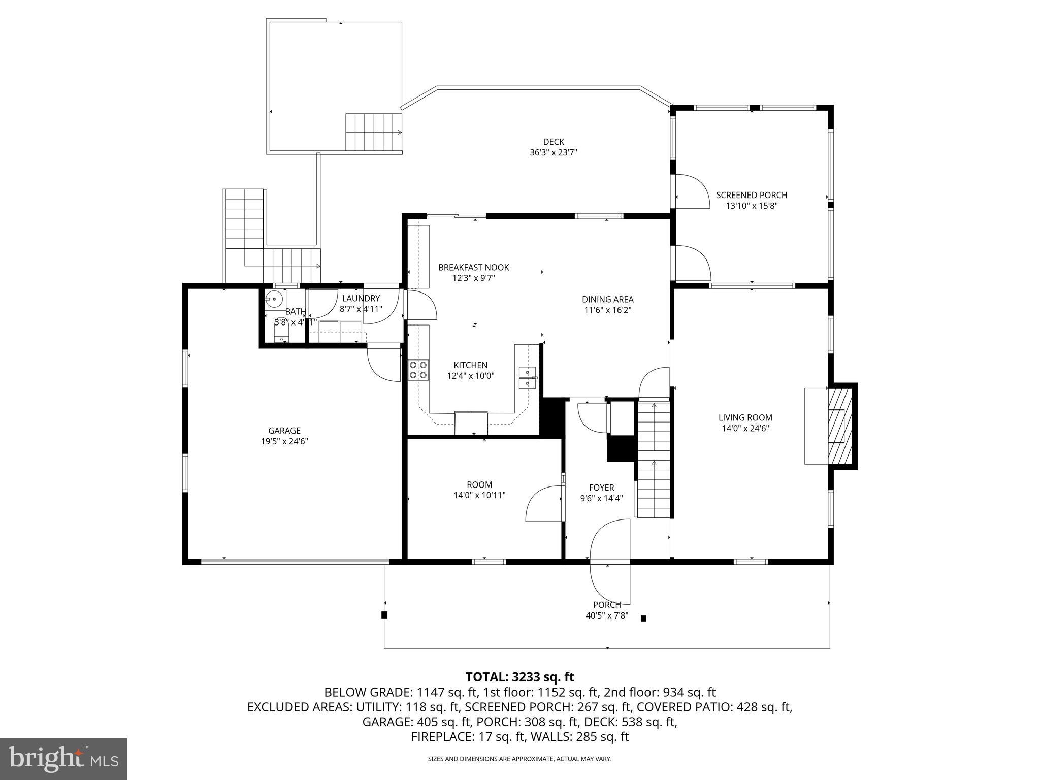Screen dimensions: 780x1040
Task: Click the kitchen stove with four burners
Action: coord(418,370)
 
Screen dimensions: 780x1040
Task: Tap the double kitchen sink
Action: coord(527,377)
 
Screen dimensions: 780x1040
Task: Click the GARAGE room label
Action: coord(284,431)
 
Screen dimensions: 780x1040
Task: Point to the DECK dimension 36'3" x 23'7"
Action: coord(553,152)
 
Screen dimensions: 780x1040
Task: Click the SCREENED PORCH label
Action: coord(752,195)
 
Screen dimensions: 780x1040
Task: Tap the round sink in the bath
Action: coord(274,300)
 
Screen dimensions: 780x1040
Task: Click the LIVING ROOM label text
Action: coord(745,417)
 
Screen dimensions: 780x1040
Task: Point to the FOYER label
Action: coord(601,487)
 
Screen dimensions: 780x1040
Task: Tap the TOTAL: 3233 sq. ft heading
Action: coord(519,677)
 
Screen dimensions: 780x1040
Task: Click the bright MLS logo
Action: coord(63,759)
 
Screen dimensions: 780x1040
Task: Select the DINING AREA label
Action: coord(607,300)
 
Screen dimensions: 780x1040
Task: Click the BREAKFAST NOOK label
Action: coord(473,268)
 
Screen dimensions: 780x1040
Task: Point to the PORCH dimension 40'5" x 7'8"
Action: coord(607,615)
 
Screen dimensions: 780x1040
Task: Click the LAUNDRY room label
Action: coord(361,299)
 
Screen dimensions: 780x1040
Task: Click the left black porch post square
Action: coord(384,615)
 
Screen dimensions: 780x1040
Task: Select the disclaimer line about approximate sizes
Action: coord(519,759)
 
